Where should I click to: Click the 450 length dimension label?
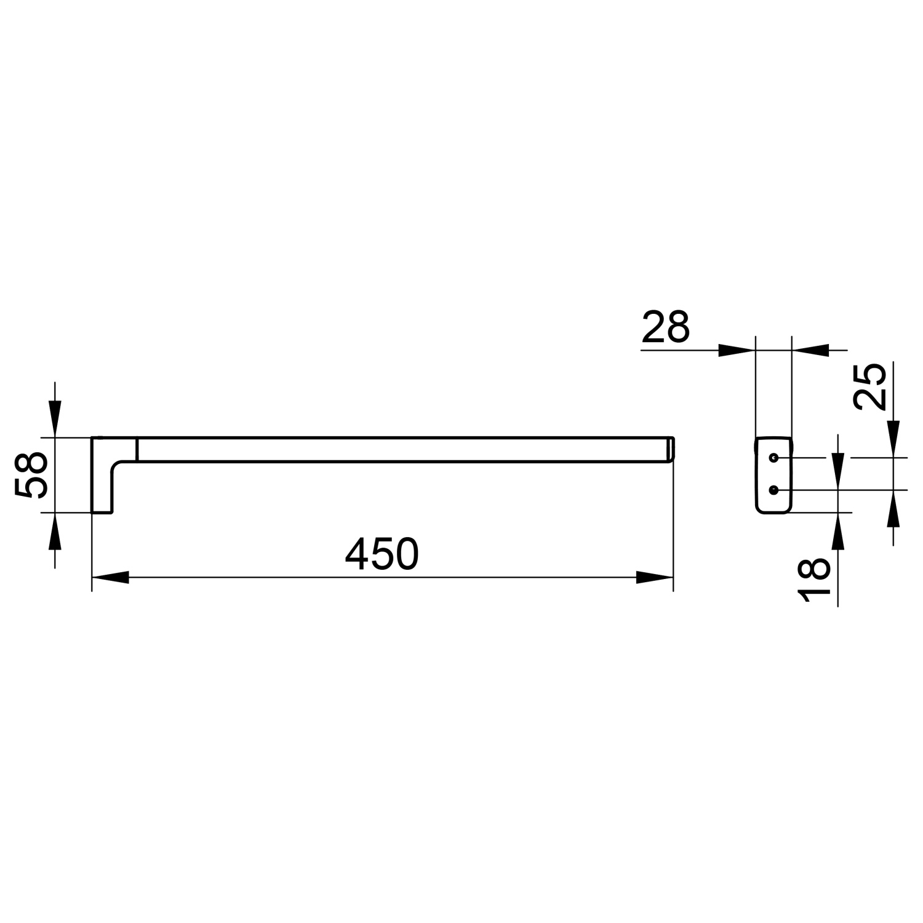[x=382, y=553]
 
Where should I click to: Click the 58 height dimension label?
[x=31, y=474]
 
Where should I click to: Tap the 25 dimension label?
[x=870, y=387]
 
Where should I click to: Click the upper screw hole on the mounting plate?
[x=774, y=458]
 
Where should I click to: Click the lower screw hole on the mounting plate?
[x=774, y=489]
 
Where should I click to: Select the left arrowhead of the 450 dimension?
[x=111, y=578]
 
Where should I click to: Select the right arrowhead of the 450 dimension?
[x=655, y=578]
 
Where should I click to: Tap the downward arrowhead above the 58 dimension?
[x=55, y=419]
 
